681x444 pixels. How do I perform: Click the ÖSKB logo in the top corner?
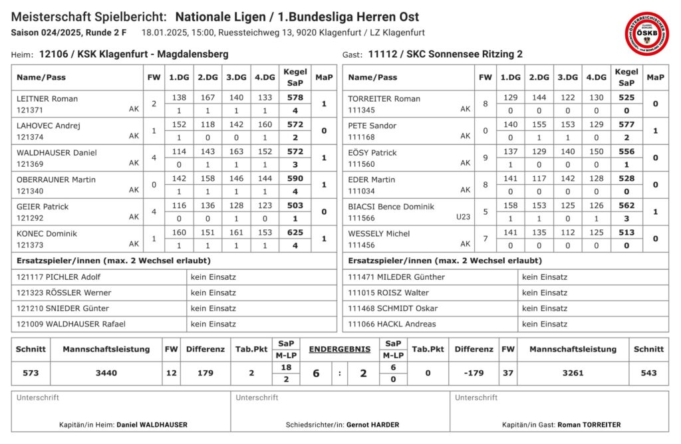click(x=646, y=33)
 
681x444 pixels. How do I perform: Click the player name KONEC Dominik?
click(x=47, y=233)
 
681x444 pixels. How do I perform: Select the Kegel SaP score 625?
click(x=295, y=233)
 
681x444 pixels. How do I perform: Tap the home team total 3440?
click(x=106, y=373)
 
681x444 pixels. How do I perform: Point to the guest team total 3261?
click(x=573, y=373)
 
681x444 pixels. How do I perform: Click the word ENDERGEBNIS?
click(x=339, y=348)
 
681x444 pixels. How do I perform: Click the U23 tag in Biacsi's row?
click(x=463, y=217)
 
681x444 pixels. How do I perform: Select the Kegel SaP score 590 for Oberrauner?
click(x=295, y=179)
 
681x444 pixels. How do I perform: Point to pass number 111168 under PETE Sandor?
click(x=361, y=136)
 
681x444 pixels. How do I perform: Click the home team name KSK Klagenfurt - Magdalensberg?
click(x=153, y=55)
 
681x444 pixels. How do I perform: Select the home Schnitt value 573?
click(x=31, y=373)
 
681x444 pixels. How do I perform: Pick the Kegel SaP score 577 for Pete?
click(x=626, y=124)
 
